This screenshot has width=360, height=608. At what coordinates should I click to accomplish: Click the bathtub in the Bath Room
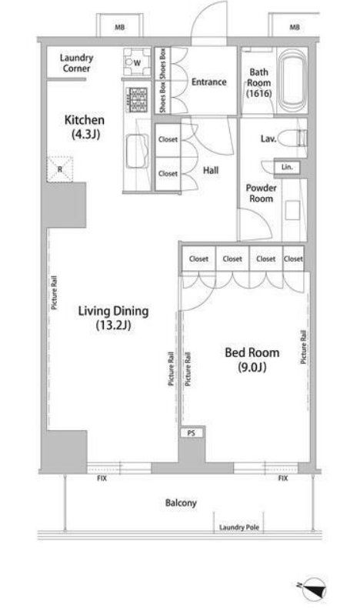(292, 81)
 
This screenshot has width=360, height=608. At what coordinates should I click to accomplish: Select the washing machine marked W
(137, 62)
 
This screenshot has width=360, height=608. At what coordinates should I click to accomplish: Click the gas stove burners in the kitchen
(137, 100)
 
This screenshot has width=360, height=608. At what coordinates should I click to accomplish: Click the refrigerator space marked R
(60, 169)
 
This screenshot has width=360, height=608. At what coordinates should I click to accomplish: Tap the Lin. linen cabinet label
(287, 167)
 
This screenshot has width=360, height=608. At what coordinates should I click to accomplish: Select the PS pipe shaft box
(192, 433)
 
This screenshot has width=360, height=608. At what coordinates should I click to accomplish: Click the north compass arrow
(314, 590)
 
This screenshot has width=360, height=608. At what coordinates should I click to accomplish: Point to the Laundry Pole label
(238, 527)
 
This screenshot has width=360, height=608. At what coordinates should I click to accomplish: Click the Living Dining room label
(113, 318)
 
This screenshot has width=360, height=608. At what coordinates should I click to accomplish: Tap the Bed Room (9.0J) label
(252, 359)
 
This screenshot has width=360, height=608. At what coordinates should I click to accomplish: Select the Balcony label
(181, 503)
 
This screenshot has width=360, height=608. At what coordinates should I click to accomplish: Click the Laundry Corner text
(76, 63)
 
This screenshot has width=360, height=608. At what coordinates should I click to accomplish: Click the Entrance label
(209, 82)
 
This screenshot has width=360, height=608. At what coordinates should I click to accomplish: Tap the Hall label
(211, 170)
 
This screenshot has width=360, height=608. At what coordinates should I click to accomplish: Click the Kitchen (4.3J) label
(85, 127)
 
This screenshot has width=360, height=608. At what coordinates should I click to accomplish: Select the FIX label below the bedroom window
(283, 479)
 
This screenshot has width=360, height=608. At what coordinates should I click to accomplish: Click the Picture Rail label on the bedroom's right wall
(303, 347)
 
